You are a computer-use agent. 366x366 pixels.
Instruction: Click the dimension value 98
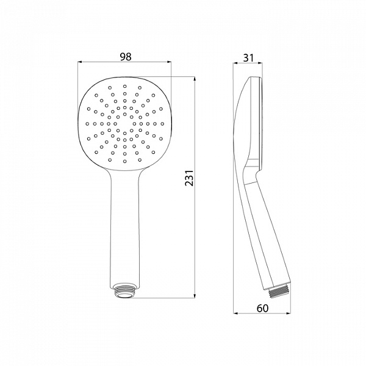(126, 57)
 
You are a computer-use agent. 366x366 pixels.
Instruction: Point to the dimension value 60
(263, 308)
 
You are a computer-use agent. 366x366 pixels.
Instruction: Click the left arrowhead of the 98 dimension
(81, 63)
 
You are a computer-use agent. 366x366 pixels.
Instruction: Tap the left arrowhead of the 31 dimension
(237, 63)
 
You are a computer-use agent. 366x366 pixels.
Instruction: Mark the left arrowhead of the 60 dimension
(237, 314)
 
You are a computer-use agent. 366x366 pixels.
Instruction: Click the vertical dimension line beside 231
(195, 244)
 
